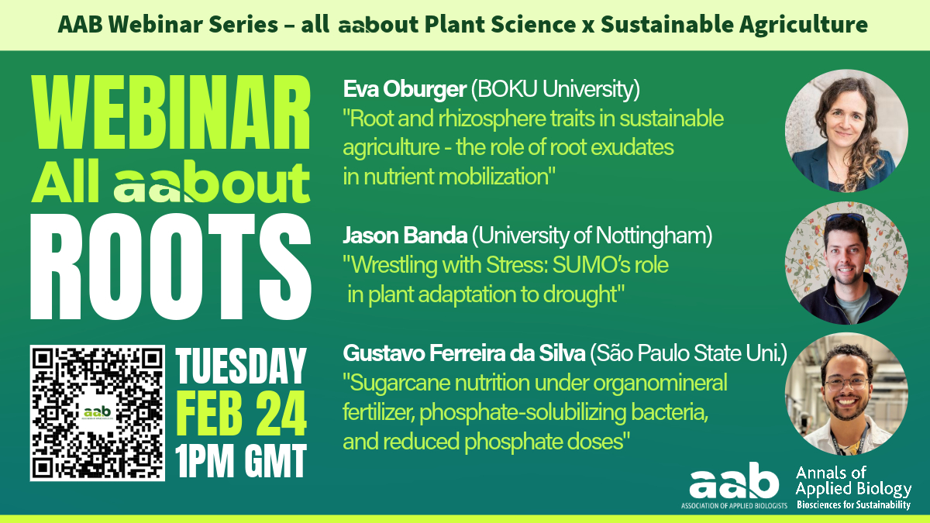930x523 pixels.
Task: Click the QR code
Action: [98, 413]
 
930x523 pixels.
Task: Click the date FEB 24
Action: [241, 414]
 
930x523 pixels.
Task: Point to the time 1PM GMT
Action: [241, 461]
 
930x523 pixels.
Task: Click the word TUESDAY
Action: [241, 366]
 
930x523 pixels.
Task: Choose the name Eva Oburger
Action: [405, 89]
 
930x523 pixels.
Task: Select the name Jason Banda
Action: [405, 236]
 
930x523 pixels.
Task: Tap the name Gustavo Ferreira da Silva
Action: [464, 353]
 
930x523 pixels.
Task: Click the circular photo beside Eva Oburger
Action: [846, 131]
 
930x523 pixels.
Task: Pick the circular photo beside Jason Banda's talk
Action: [846, 263]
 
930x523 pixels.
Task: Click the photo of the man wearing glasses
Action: [846, 394]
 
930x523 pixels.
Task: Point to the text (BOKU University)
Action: [556, 89]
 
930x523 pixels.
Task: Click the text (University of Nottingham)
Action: [592, 236]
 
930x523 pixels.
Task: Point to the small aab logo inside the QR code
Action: [97, 412]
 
